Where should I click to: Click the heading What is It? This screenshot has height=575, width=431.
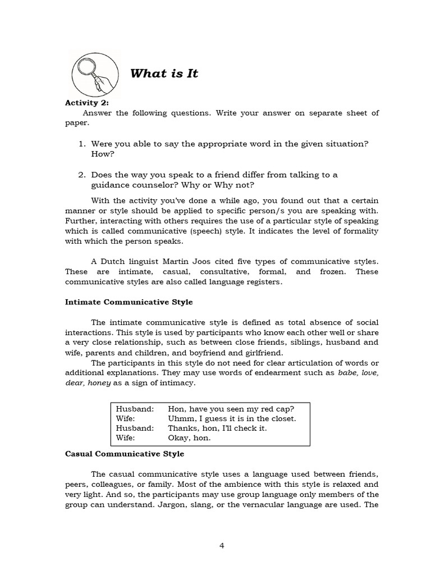click(164, 74)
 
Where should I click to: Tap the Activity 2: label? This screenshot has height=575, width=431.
click(87, 102)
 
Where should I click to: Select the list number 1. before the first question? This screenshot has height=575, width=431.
click(81, 144)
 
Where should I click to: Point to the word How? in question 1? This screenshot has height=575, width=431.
click(102, 153)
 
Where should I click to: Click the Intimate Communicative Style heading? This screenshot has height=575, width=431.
click(129, 302)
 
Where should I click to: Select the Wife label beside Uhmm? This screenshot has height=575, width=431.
click(125, 418)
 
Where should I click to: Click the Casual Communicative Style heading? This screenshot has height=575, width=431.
click(125, 454)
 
